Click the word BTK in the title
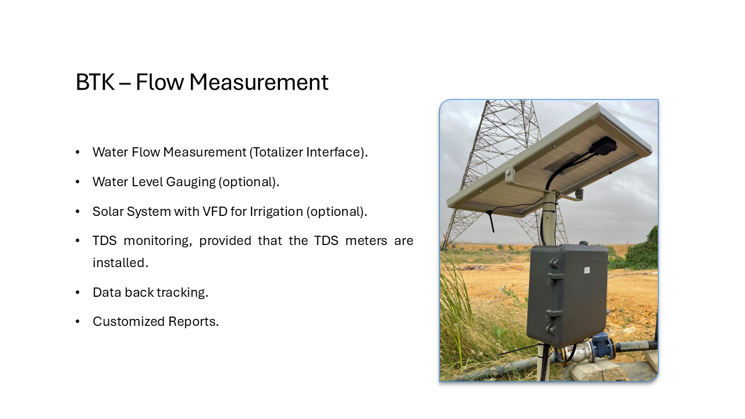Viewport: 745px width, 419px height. pyautogui.click(x=95, y=82)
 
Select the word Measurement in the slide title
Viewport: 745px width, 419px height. pyautogui.click(x=259, y=82)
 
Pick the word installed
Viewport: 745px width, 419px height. pyautogui.click(x=120, y=262)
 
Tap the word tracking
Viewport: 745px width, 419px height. pyautogui.click(x=182, y=293)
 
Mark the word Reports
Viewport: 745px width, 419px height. pyautogui.click(x=194, y=322)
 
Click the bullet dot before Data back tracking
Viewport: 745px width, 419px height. pyautogui.click(x=78, y=293)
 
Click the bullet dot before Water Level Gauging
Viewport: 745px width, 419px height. pyautogui.click(x=78, y=182)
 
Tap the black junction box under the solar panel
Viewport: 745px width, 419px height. pyautogui.click(x=605, y=145)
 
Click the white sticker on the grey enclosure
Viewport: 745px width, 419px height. pyautogui.click(x=587, y=270)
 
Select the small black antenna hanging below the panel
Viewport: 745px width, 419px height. pyautogui.click(x=491, y=221)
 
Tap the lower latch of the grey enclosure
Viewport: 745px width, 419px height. pyautogui.click(x=553, y=321)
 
